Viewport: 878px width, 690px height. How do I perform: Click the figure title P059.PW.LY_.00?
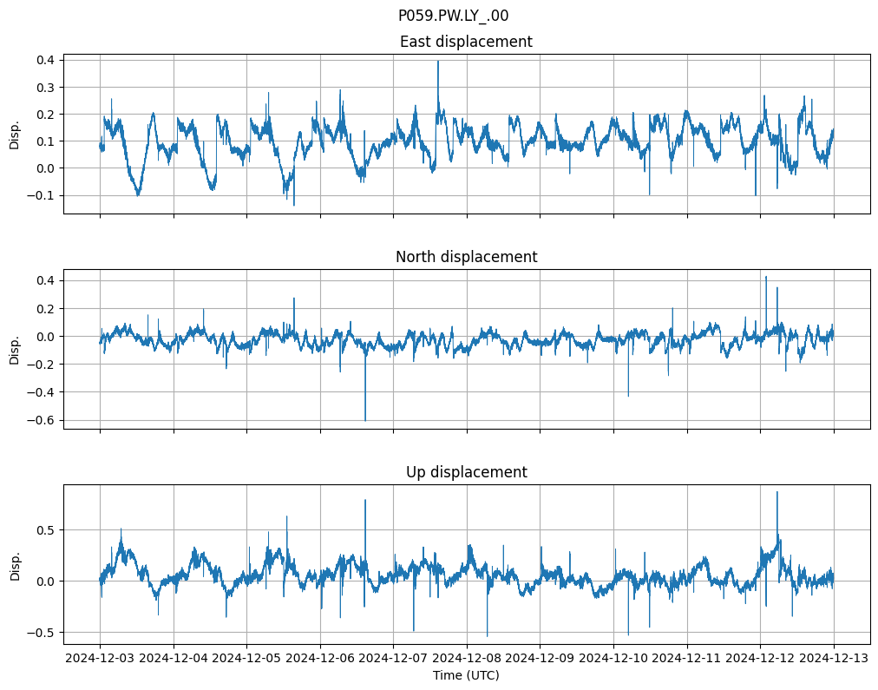(x=453, y=16)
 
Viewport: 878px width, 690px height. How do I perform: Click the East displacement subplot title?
(x=466, y=42)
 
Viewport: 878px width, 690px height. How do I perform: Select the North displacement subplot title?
(x=466, y=257)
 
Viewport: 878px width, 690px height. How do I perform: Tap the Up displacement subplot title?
(x=466, y=472)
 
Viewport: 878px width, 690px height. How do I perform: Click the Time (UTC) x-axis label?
(x=466, y=674)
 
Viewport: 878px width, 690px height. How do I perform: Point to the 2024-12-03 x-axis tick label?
(x=100, y=658)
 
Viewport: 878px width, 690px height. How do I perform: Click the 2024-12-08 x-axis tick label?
(x=467, y=658)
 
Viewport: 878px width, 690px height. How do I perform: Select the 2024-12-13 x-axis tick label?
(x=835, y=658)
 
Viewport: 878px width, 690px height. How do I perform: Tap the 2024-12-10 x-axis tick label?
(x=613, y=658)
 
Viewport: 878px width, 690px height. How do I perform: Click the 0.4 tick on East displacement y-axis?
(x=44, y=60)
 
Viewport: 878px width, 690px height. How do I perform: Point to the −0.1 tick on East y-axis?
(x=41, y=195)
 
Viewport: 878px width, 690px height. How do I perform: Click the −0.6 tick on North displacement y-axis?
(x=41, y=420)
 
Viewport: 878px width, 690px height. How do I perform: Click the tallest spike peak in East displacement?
(x=438, y=61)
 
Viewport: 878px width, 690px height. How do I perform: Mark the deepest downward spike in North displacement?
(x=365, y=420)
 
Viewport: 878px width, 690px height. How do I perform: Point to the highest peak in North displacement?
(x=765, y=277)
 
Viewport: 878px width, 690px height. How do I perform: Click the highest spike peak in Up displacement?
(x=776, y=492)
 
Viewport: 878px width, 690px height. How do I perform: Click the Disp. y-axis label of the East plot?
(x=15, y=134)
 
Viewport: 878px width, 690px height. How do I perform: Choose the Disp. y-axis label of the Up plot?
(x=15, y=564)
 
